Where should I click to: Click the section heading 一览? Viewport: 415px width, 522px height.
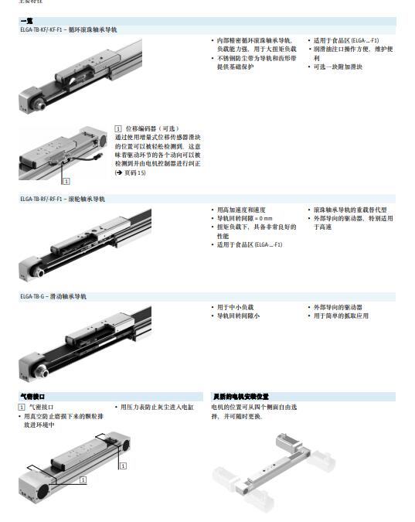pos(27,22)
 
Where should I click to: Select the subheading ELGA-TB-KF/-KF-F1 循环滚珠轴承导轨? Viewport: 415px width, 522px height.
pos(70,29)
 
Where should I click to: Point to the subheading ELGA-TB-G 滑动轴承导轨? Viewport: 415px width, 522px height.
pos(54,296)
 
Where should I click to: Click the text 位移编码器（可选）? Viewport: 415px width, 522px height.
pos(151,128)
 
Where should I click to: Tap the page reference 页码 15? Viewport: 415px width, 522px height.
pos(131,172)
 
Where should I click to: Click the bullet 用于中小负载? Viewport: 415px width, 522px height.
pos(235,307)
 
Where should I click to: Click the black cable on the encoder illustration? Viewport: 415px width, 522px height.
pos(88,162)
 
